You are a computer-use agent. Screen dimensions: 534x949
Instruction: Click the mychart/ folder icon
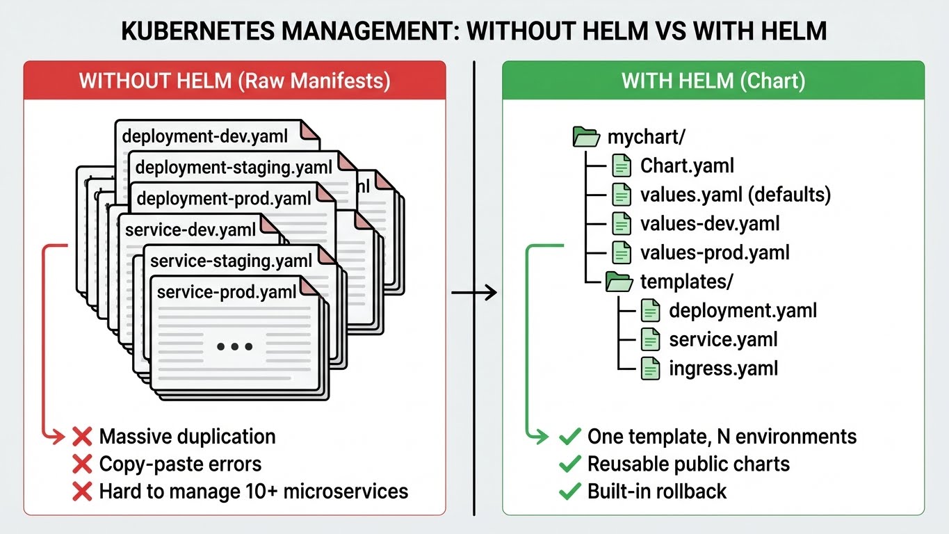(586, 137)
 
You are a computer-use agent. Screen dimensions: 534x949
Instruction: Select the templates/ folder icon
(619, 282)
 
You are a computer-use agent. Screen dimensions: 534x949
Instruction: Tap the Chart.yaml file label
(687, 165)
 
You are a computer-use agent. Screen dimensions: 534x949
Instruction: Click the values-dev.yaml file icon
(620, 223)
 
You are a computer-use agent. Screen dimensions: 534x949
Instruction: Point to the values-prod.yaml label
(715, 252)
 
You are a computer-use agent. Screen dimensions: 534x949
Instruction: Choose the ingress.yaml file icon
(649, 368)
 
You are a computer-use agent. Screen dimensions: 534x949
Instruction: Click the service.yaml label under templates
(723, 339)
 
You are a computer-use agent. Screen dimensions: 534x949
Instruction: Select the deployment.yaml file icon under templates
(649, 310)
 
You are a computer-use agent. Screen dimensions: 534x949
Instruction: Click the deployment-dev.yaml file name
(204, 136)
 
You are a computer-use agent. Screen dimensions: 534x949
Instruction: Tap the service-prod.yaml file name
(227, 291)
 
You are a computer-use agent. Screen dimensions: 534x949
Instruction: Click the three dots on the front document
(234, 346)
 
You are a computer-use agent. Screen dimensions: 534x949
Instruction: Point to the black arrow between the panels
(474, 293)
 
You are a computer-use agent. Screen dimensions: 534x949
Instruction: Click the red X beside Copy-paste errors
(82, 464)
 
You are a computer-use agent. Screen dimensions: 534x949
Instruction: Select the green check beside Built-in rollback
(570, 492)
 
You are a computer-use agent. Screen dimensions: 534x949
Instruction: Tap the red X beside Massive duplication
(82, 437)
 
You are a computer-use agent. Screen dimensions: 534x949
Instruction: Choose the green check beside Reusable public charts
(570, 464)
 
